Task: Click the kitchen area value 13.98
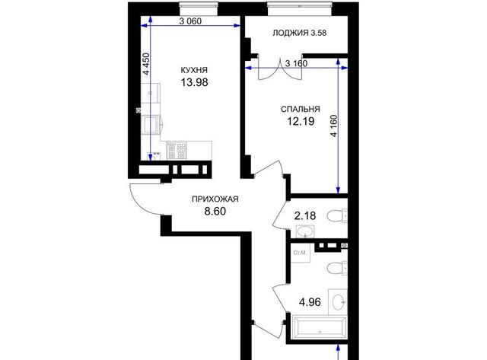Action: [x=195, y=82]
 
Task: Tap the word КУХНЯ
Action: [x=194, y=70]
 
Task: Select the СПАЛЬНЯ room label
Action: [x=301, y=110]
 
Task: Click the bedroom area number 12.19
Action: [x=301, y=121]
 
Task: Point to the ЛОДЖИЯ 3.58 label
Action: [x=299, y=33]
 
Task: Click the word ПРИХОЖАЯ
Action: [x=215, y=199]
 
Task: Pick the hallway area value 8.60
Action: [x=215, y=212]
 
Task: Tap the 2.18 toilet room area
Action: [x=305, y=215]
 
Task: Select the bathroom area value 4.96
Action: [x=310, y=301]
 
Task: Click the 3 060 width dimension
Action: [x=190, y=21]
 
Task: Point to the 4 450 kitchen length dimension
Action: [x=146, y=64]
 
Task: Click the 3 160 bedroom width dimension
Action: [x=296, y=63]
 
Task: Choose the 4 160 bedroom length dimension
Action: [x=334, y=126]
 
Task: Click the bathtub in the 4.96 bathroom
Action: [x=320, y=327]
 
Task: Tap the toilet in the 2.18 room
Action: [x=337, y=216]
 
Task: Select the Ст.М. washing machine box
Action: [x=300, y=253]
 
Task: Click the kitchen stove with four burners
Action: [x=177, y=151]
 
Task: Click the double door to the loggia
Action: [x=280, y=69]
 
